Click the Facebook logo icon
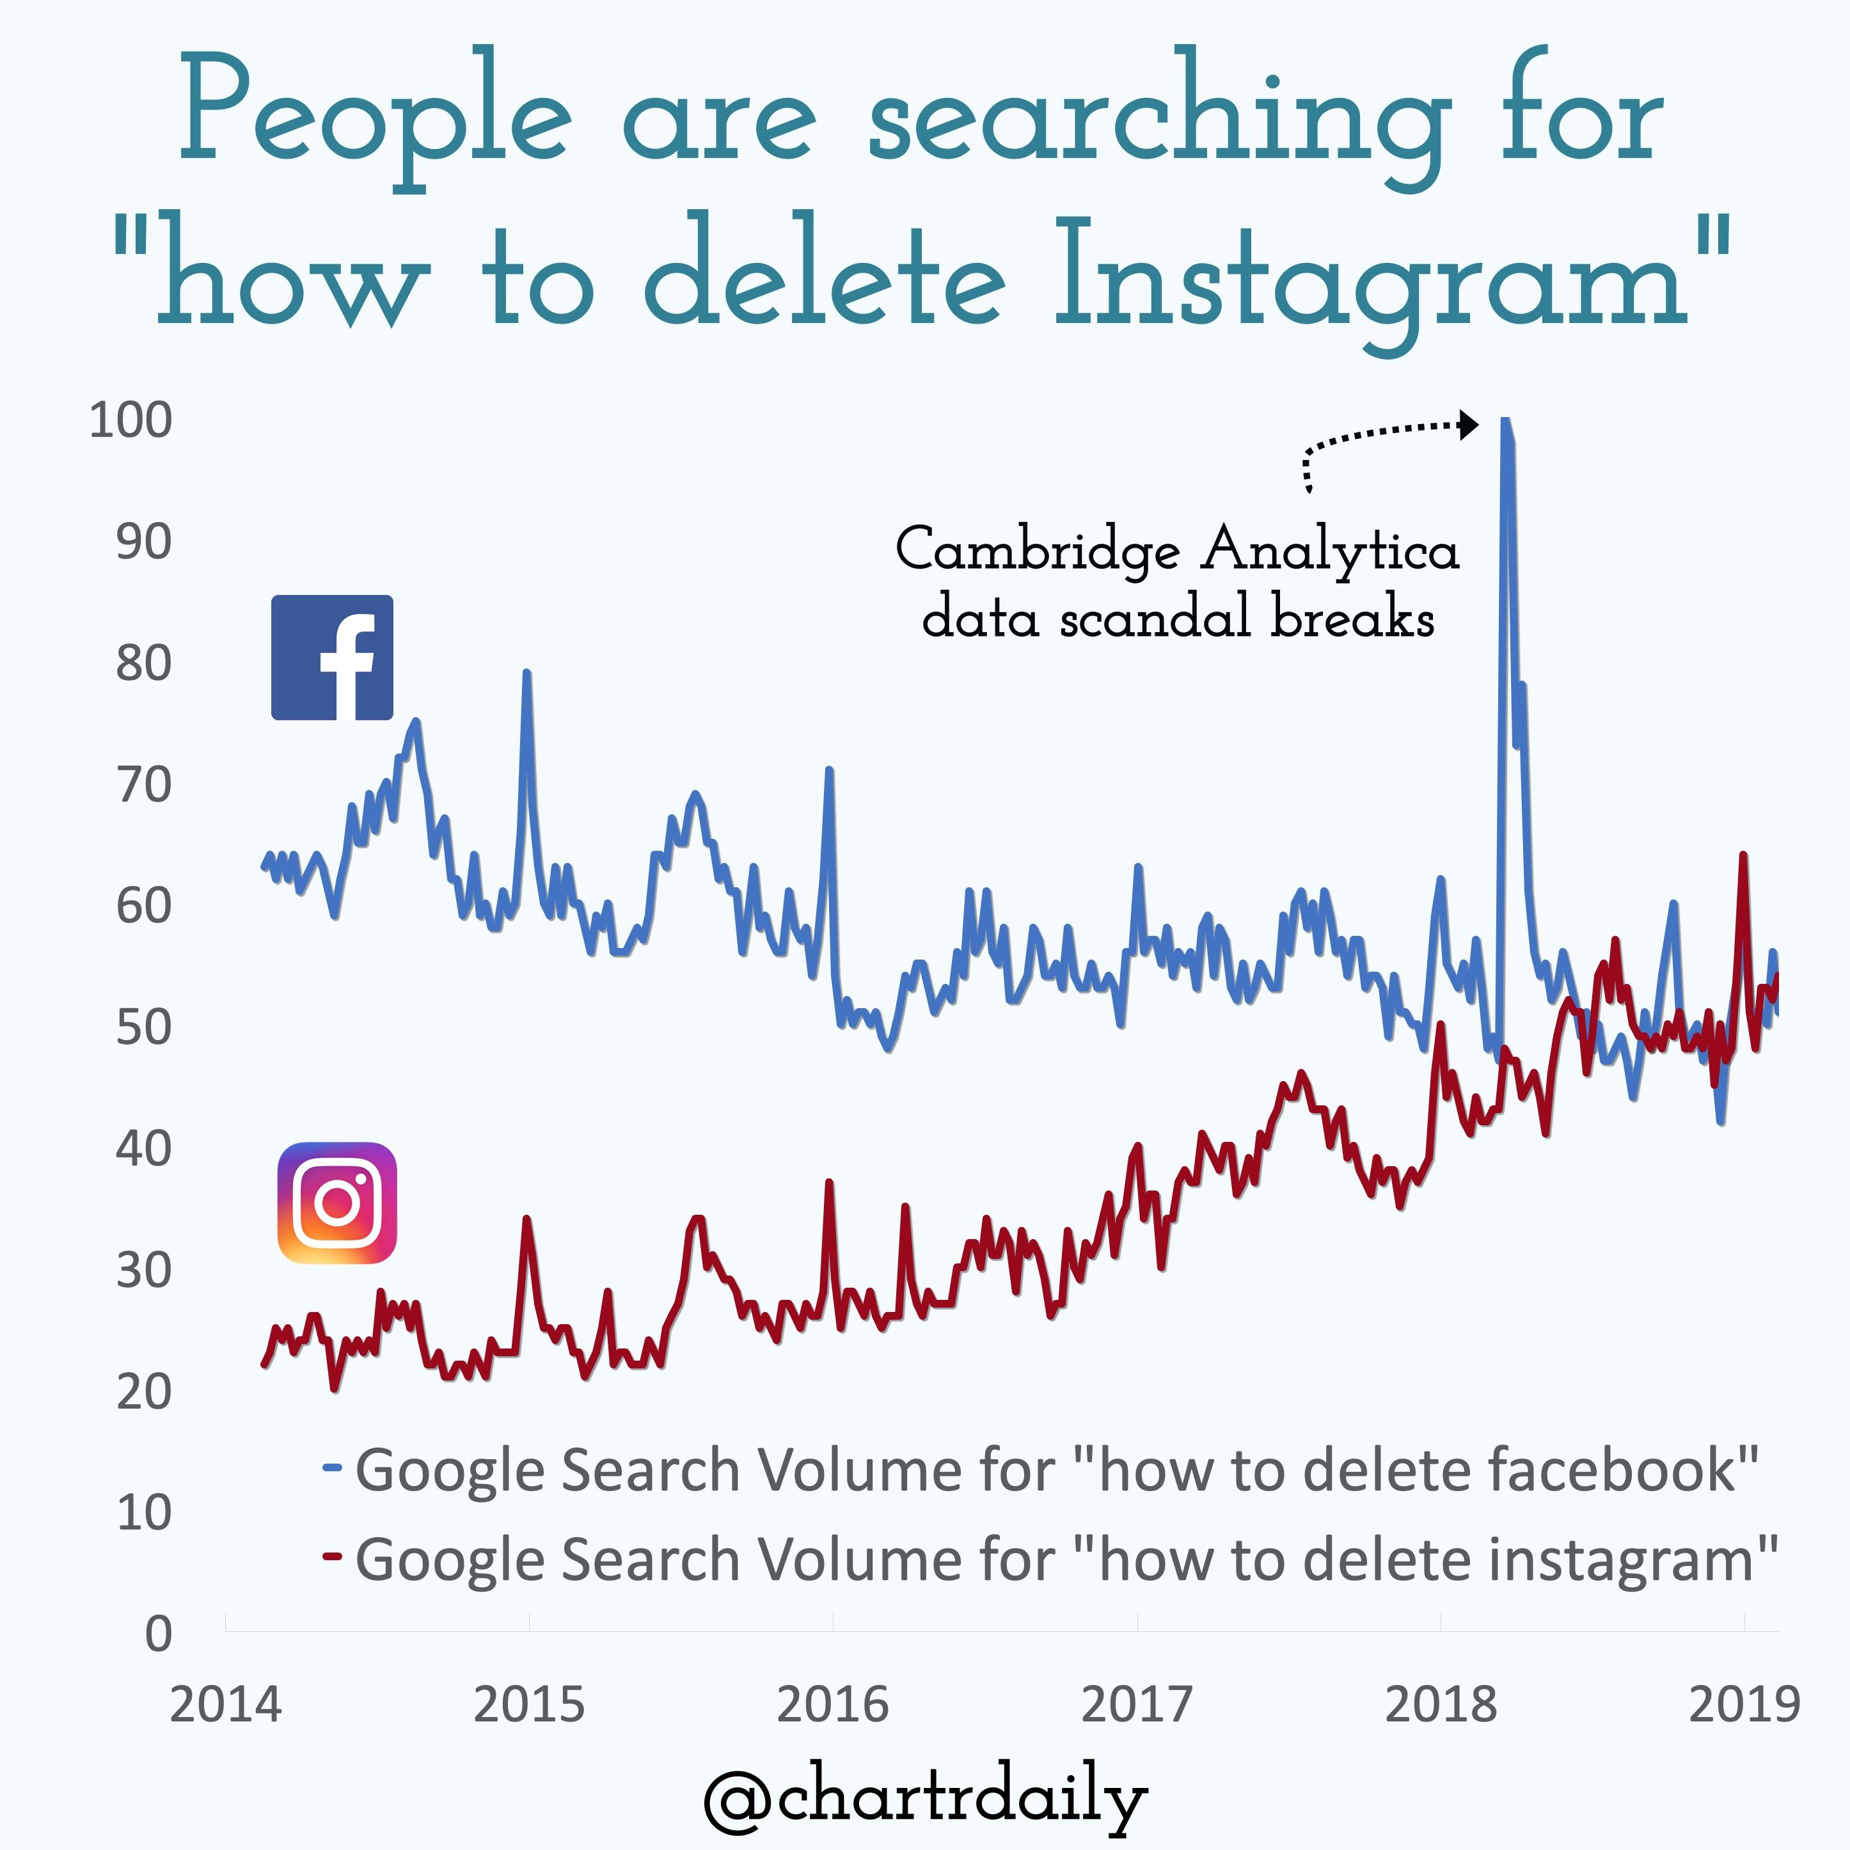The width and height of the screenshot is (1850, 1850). pos(331,657)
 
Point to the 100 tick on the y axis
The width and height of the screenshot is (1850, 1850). pos(130,420)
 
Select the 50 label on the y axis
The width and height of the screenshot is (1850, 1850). pos(144,1027)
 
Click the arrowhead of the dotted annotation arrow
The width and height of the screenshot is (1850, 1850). pos(1468,424)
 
